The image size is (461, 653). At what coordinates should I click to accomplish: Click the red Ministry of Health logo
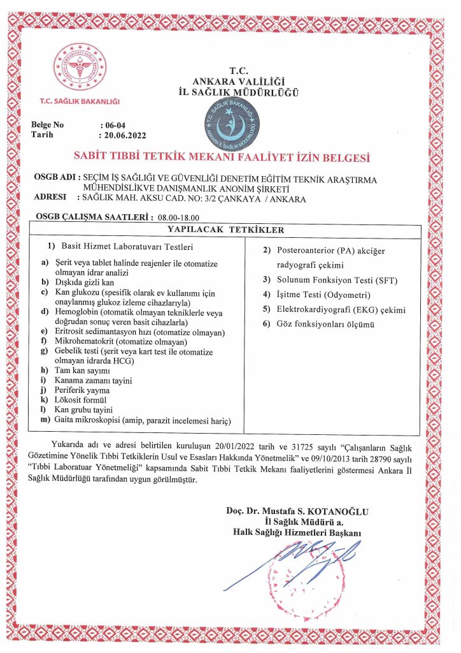pos(80,70)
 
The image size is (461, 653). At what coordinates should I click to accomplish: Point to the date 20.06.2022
pos(124,135)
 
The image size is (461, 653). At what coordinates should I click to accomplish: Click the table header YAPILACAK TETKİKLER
pos(225,230)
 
